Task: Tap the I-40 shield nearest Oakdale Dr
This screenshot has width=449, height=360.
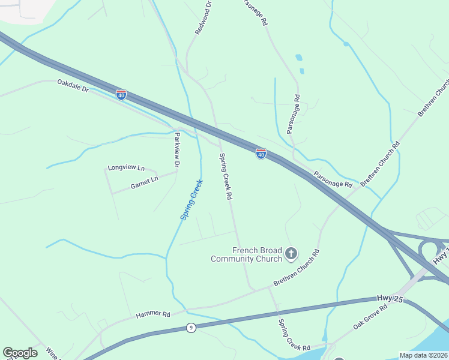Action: tap(121, 95)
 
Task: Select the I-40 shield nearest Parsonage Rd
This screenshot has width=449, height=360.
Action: tap(261, 154)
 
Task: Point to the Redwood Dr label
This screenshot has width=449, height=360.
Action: tap(202, 17)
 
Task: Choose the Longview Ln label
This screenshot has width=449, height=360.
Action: tap(126, 168)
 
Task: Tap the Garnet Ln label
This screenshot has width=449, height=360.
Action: tap(144, 179)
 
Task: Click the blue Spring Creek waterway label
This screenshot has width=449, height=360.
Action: tap(192, 199)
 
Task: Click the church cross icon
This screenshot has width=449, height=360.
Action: tap(291, 253)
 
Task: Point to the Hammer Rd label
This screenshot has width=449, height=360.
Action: tap(153, 314)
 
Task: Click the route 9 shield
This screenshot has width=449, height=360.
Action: tap(191, 327)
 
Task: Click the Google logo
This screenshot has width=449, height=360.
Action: tap(20, 353)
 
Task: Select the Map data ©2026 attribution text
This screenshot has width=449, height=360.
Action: tap(424, 355)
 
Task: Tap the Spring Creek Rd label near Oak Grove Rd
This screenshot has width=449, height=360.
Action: tap(294, 335)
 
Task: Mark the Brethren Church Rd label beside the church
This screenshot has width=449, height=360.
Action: tap(297, 267)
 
